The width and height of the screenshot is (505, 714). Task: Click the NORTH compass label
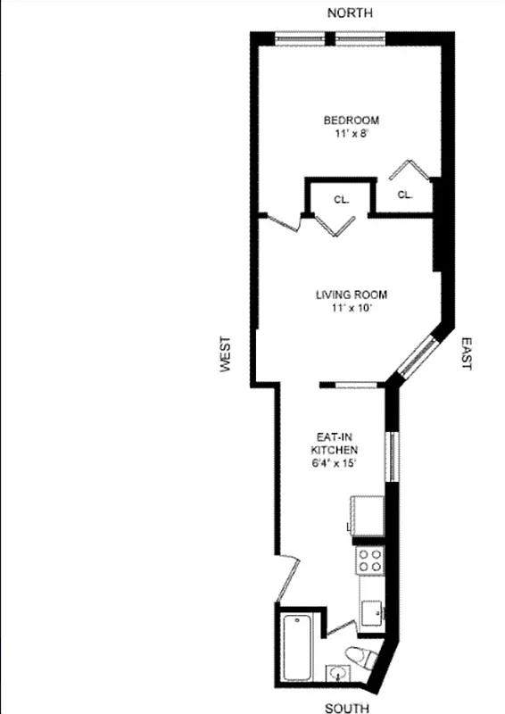[x=350, y=12]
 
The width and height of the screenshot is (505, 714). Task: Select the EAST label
[x=465, y=353]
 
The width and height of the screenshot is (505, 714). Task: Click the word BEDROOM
[x=351, y=120]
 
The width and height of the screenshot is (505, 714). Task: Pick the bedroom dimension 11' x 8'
[x=351, y=134]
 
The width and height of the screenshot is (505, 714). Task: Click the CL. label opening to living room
[x=341, y=200]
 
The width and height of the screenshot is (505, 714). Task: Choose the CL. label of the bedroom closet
[x=404, y=194]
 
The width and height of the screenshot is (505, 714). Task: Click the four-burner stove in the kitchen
[x=369, y=560]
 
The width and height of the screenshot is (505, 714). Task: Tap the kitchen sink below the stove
[x=372, y=613]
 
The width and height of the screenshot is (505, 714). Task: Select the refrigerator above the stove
[x=368, y=517]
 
